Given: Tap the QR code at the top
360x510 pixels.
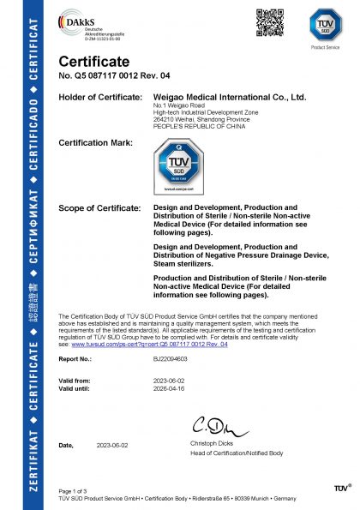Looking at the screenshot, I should pos(268,18).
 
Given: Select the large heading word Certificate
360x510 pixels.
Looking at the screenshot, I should pos(93,63).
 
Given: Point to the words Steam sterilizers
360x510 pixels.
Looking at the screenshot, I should pos(184,264).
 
